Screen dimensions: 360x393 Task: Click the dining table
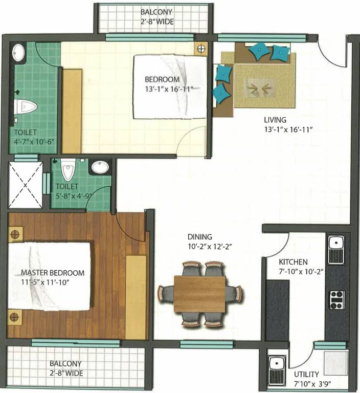point(199,294)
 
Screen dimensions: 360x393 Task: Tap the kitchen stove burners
point(336,300)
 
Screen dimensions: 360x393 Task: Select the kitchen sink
point(336,249)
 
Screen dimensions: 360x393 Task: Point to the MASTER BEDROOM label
point(53,273)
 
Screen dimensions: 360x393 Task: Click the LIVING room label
point(275,120)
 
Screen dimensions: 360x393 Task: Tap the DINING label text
point(199,236)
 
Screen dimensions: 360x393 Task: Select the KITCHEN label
point(293,262)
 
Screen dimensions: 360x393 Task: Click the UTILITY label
point(306,375)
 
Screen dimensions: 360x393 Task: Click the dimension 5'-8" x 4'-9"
point(73,196)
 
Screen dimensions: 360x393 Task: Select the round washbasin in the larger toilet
point(18,53)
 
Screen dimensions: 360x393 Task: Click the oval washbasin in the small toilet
point(100,167)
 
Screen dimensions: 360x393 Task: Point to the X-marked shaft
point(25,185)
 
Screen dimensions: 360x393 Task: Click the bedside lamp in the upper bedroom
point(201,49)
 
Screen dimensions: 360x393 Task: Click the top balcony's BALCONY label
point(156,12)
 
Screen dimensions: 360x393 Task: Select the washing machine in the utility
point(335,363)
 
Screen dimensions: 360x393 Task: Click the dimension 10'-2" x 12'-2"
point(209,247)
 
